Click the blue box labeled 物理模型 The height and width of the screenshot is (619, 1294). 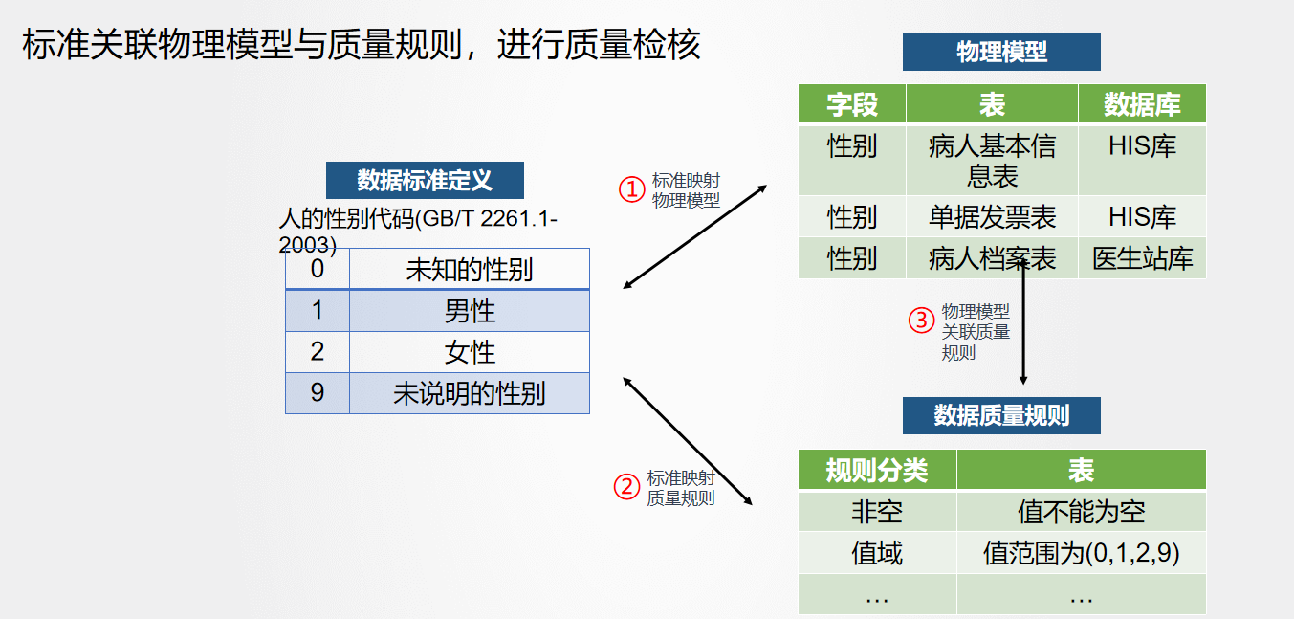click(x=1001, y=52)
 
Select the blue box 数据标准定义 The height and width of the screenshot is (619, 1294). click(x=425, y=180)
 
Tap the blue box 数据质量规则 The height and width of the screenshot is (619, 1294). click(x=1001, y=415)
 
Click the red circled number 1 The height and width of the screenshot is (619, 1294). click(x=631, y=189)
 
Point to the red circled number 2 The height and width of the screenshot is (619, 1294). click(x=626, y=487)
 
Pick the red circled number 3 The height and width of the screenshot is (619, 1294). click(x=921, y=321)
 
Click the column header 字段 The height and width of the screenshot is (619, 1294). click(x=852, y=104)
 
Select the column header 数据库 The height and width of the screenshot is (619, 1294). click(x=1142, y=104)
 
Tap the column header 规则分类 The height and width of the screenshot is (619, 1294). click(x=877, y=470)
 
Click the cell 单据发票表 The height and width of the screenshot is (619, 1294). click(x=992, y=217)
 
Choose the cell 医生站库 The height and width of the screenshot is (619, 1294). click(x=1142, y=258)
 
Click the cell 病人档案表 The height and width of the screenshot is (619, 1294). click(x=992, y=258)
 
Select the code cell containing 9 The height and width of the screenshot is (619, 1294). click(x=318, y=393)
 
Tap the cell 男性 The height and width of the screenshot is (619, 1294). click(x=470, y=311)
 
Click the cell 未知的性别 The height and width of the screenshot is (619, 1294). click(x=470, y=270)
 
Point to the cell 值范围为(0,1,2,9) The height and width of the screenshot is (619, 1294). click(x=1081, y=553)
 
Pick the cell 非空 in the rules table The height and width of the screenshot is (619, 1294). click(x=877, y=512)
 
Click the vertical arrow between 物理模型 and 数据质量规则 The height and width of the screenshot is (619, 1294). click(x=1023, y=321)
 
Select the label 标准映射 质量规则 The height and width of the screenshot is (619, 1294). click(x=681, y=488)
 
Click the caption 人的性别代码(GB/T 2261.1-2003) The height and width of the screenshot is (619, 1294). click(x=418, y=232)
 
